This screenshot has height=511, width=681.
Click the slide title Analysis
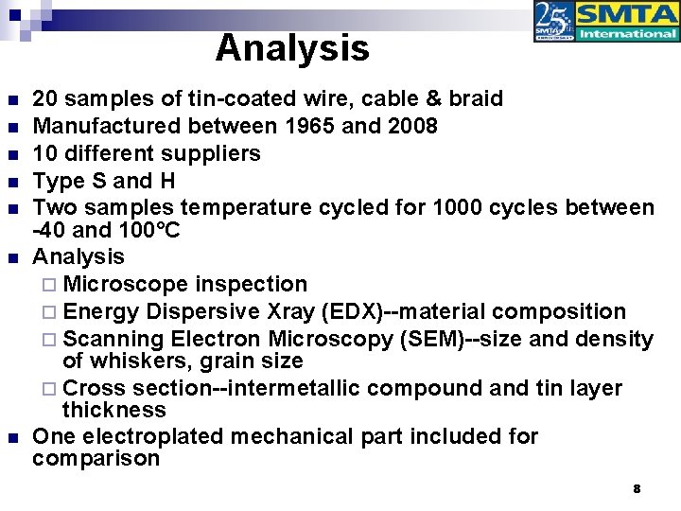291,48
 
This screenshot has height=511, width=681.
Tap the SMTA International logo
606,22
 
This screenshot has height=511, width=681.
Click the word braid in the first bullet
471,99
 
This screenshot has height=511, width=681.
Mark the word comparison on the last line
96,460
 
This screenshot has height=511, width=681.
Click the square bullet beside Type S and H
10,181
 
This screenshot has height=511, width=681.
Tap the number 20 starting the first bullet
44,99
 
